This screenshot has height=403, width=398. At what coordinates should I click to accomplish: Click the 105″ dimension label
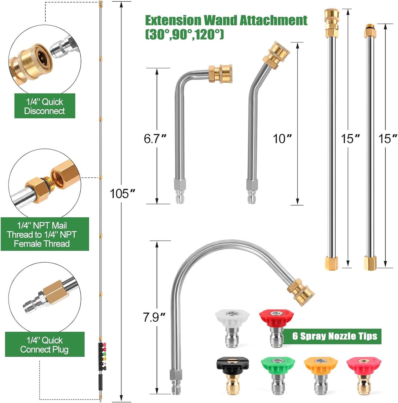click(122, 194)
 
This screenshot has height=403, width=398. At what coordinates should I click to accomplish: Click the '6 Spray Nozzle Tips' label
click(334, 336)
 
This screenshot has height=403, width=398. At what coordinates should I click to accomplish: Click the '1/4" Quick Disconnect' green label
click(45, 106)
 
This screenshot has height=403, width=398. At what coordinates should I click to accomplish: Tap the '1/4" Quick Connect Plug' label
click(45, 345)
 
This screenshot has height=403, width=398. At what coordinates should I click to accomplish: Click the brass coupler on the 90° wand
click(220, 74)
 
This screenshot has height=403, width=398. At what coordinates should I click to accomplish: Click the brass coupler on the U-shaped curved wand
click(300, 292)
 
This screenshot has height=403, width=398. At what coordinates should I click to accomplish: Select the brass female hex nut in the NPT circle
click(66, 175)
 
